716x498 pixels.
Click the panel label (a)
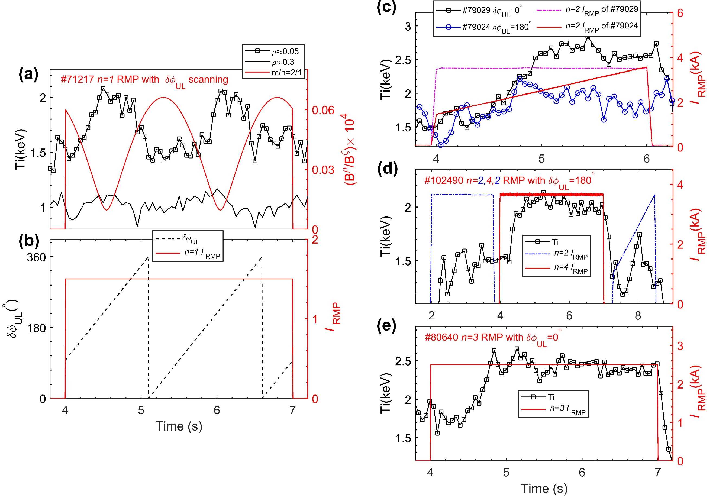[28, 75]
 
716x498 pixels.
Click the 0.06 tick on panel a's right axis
[323, 110]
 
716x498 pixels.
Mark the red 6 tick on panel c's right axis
[680, 13]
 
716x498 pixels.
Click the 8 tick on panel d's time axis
[638, 316]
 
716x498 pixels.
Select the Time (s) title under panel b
[179, 426]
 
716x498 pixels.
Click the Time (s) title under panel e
[544, 488]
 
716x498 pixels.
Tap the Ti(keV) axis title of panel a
[21, 149]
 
